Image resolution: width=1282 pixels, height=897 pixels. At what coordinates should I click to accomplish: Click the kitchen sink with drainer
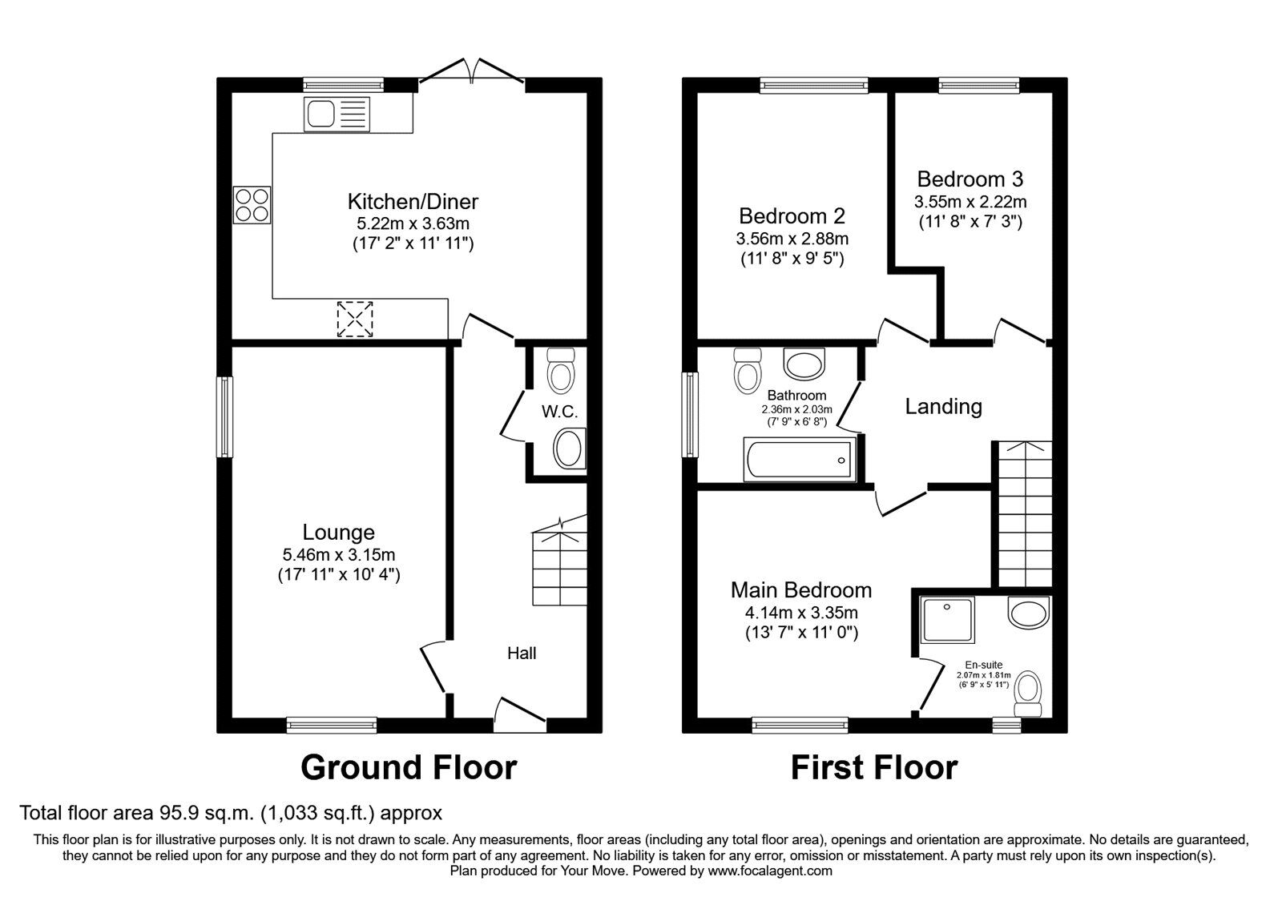click(337, 114)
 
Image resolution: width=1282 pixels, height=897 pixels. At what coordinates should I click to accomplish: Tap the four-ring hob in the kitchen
click(252, 205)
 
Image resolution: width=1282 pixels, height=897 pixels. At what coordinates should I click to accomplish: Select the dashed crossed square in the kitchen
click(355, 320)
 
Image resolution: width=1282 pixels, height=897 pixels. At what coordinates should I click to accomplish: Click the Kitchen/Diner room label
click(413, 201)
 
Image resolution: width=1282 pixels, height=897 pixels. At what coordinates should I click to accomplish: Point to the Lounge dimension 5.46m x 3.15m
click(339, 554)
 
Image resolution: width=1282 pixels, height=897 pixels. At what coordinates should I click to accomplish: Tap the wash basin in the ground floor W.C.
click(570, 448)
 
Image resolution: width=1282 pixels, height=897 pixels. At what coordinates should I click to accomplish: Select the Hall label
click(522, 654)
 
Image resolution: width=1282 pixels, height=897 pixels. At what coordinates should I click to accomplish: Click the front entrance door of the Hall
click(520, 715)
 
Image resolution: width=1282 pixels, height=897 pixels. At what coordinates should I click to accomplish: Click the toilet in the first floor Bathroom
click(748, 371)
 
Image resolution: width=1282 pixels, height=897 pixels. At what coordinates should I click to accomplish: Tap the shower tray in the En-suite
click(948, 620)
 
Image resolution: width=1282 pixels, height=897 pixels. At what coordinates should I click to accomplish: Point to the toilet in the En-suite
click(1027, 694)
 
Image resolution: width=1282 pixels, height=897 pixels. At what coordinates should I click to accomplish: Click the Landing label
click(943, 406)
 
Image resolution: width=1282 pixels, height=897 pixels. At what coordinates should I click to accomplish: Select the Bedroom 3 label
click(970, 179)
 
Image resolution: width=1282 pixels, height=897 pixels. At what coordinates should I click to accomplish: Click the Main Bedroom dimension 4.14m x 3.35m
click(801, 613)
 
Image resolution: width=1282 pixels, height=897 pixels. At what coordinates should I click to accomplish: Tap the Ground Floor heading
click(409, 767)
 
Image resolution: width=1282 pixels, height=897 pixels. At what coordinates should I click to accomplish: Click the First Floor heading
click(874, 767)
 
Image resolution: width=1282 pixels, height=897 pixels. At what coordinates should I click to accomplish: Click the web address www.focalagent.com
click(770, 871)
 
